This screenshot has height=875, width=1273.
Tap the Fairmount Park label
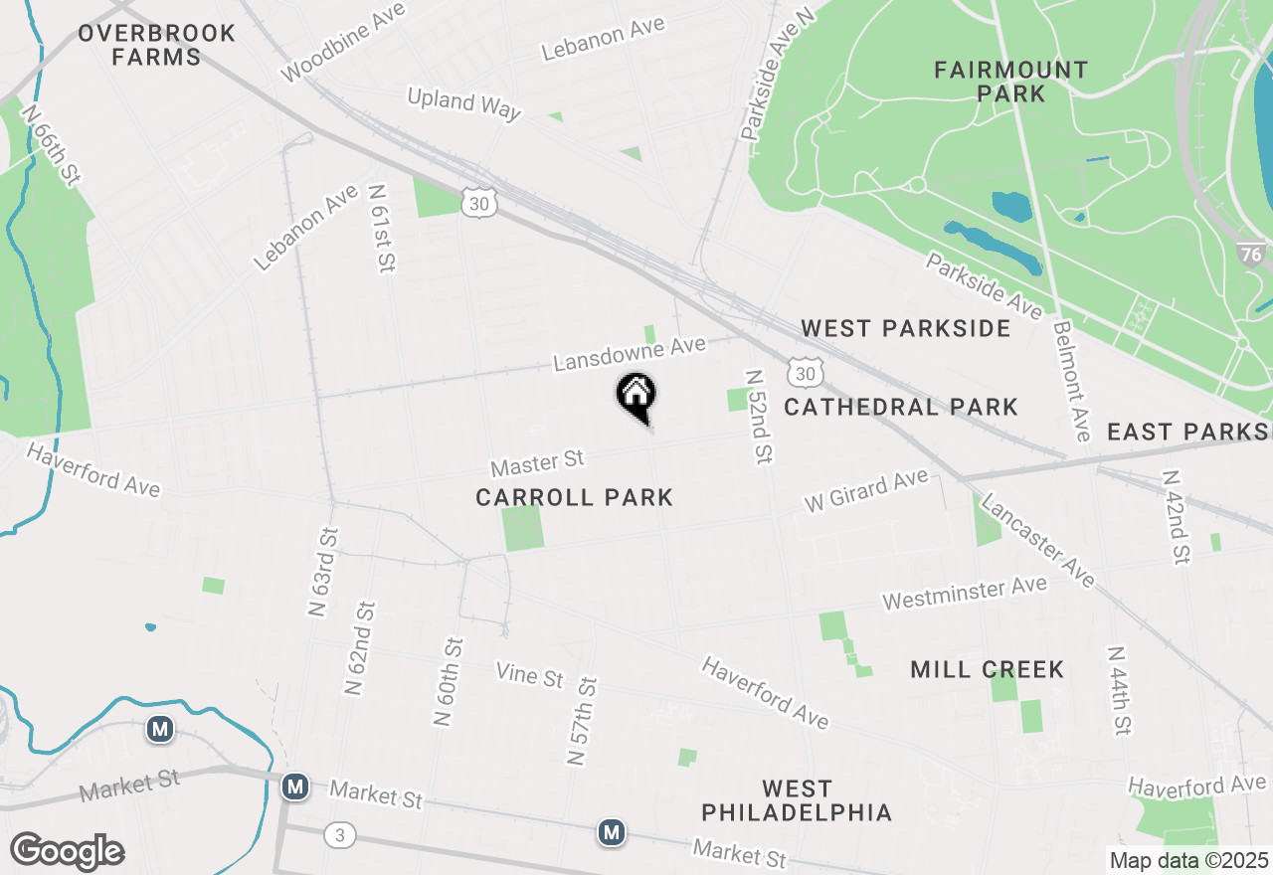pyautogui.click(x=1010, y=82)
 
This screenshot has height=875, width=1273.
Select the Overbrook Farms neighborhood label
pyautogui.click(x=157, y=45)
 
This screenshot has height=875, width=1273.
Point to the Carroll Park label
pyautogui.click(x=574, y=497)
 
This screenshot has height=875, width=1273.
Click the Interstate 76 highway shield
pyautogui.click(x=1252, y=255)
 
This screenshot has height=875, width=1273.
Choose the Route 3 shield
pyautogui.click(x=339, y=835)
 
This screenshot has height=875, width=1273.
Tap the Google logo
pyautogui.click(x=67, y=852)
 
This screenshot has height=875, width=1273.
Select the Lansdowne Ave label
pyautogui.click(x=630, y=353)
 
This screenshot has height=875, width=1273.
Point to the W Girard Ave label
pyautogui.click(x=866, y=491)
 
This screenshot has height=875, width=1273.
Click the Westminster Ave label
pyautogui.click(x=964, y=594)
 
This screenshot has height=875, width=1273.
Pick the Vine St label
pyautogui.click(x=530, y=676)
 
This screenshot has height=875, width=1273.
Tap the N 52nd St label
pyautogui.click(x=758, y=417)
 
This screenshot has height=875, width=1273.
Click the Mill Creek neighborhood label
pyautogui.click(x=987, y=669)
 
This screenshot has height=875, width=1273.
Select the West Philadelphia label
pyautogui.click(x=797, y=801)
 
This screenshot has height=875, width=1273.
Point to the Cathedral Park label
pyautogui.click(x=901, y=407)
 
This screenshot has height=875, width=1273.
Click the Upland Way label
pyautogui.click(x=464, y=102)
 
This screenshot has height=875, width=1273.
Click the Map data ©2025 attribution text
pyautogui.click(x=1188, y=860)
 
